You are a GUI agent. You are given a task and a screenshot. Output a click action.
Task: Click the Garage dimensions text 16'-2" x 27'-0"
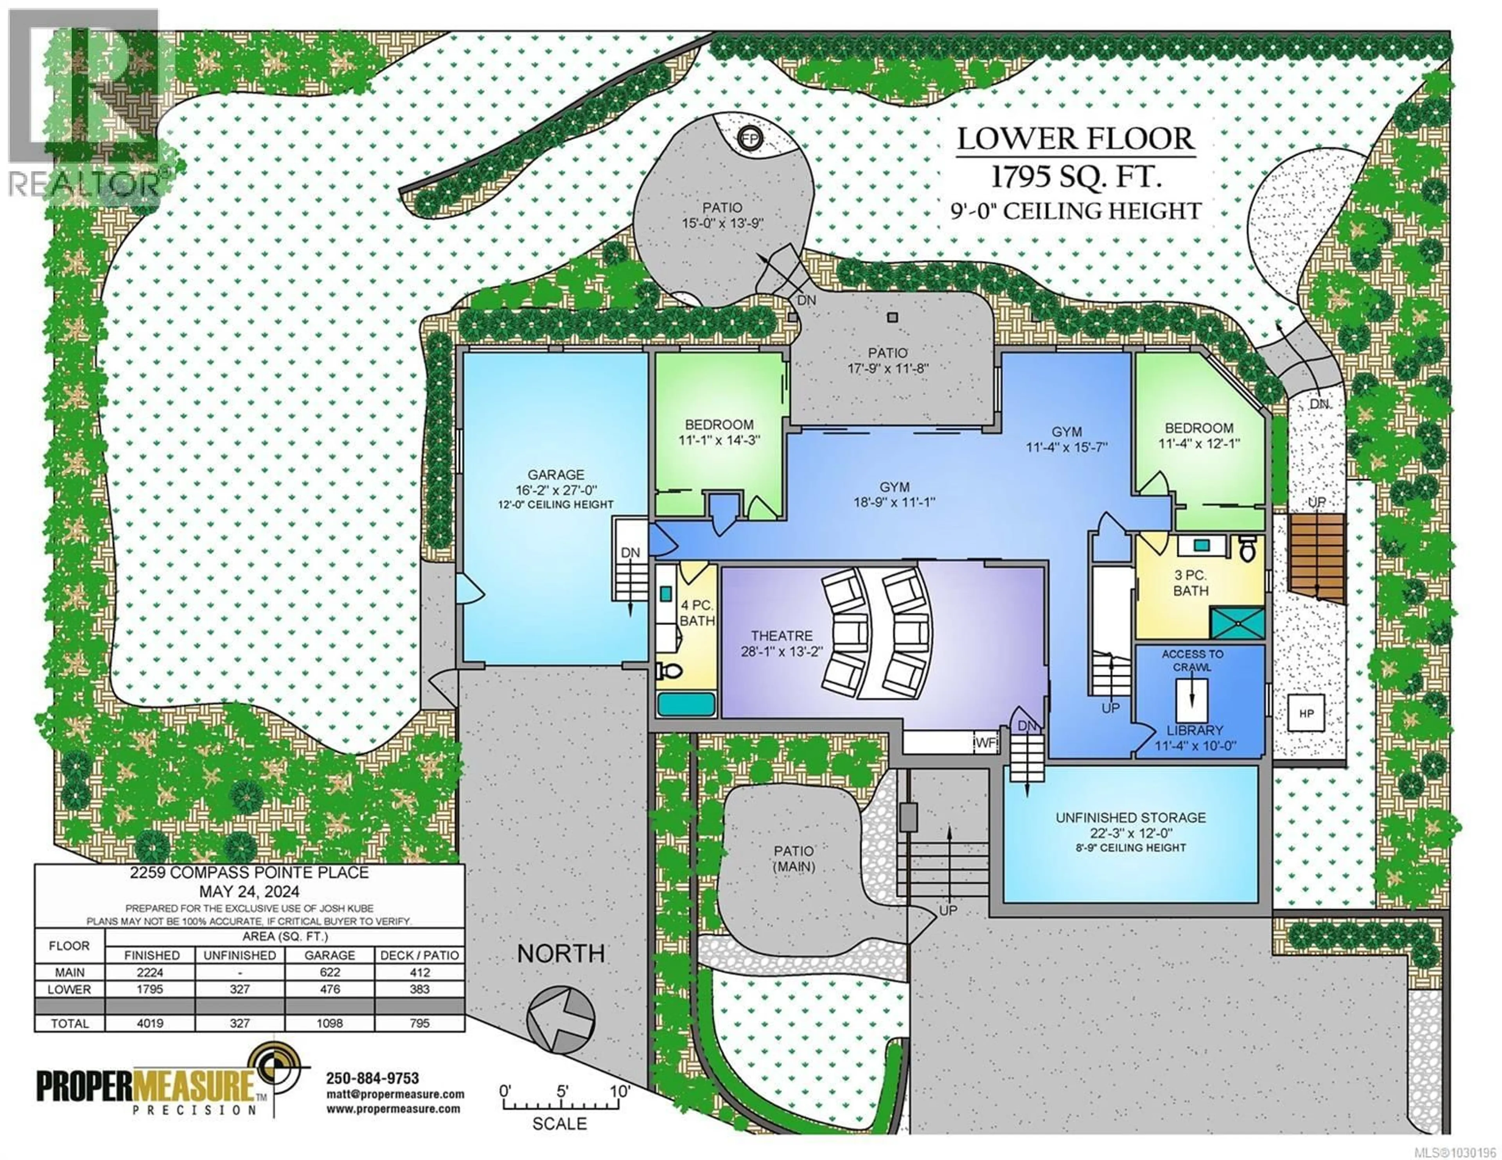point(556,490)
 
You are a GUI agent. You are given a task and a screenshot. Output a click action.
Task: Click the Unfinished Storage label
point(1131,818)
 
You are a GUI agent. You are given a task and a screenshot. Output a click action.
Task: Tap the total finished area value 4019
point(150,1023)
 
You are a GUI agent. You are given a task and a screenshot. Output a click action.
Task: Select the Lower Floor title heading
point(1076,139)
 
